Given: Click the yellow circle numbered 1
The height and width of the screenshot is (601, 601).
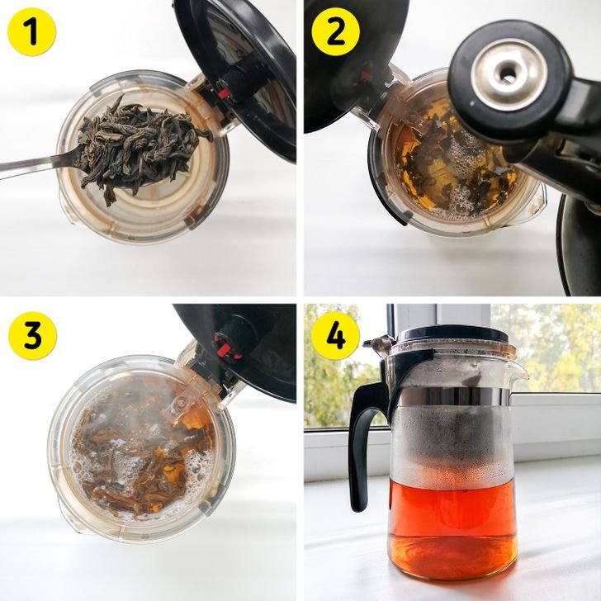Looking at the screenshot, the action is pyautogui.click(x=32, y=32).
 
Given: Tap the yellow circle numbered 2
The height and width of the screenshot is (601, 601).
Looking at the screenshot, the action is pyautogui.click(x=336, y=32).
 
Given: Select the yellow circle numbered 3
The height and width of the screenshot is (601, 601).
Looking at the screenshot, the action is pyautogui.click(x=32, y=336).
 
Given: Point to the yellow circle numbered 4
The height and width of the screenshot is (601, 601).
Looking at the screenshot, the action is pyautogui.click(x=336, y=336).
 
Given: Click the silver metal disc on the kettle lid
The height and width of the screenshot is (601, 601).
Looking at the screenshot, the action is pyautogui.click(x=509, y=73).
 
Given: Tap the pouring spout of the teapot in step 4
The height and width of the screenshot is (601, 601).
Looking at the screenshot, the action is pyautogui.click(x=518, y=370).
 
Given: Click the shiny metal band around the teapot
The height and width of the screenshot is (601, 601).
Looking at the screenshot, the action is pyautogui.click(x=452, y=397).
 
